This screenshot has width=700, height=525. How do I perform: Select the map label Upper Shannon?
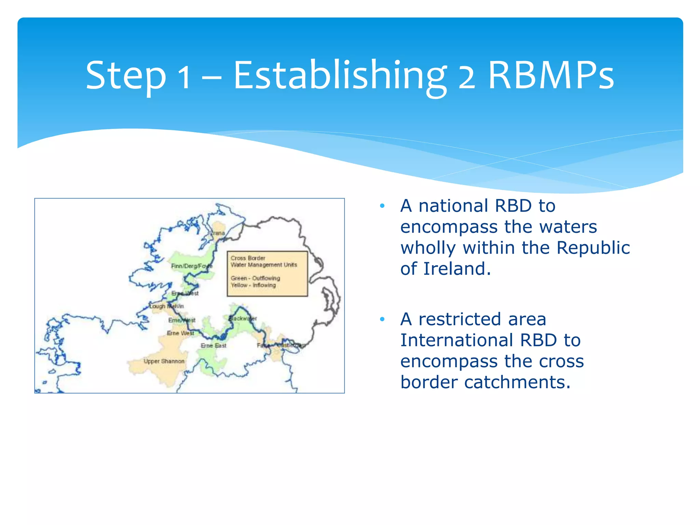point(164,361)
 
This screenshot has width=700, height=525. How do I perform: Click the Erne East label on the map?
point(213,346)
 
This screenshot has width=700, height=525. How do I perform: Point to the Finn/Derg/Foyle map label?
point(191,266)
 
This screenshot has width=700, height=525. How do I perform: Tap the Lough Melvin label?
point(166,306)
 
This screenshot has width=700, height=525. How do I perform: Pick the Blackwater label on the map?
point(242,318)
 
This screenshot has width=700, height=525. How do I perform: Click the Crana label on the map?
point(217,233)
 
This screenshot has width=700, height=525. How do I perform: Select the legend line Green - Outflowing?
point(255,278)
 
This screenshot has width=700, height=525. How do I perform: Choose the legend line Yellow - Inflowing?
point(253,285)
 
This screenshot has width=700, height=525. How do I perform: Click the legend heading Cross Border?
point(248,258)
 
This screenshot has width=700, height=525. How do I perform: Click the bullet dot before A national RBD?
point(382,206)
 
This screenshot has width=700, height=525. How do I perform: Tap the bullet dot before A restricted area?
point(382,319)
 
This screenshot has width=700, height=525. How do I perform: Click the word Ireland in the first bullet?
point(457,269)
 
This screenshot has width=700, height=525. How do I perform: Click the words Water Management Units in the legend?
point(264,265)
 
